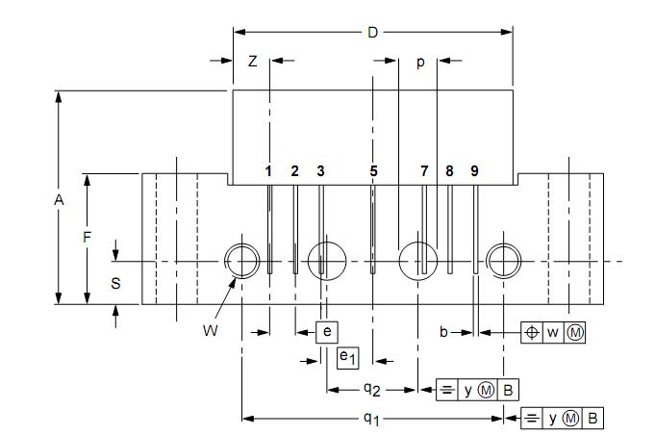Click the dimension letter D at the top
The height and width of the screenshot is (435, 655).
pos(372,32)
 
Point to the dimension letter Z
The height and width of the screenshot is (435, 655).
pos(252,62)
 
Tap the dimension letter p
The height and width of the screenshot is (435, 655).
pos(420,63)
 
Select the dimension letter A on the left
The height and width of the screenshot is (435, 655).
pos(59,200)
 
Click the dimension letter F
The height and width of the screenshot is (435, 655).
pos(87,238)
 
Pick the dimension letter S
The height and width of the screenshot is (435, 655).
pos(115,284)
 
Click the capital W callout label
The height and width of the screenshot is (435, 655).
pos(210,330)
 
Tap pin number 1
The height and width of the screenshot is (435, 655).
pos(268,171)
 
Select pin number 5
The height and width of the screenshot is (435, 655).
pos(373,171)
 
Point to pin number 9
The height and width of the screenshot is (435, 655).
pos(474,171)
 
